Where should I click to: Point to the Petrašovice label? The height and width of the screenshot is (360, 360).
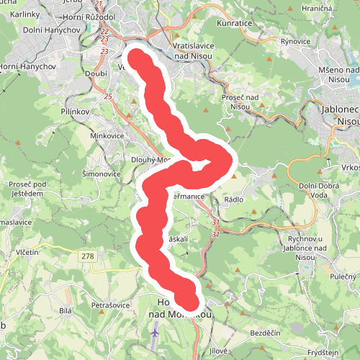pos(110,305)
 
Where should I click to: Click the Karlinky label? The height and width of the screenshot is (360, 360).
pos(24,15)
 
